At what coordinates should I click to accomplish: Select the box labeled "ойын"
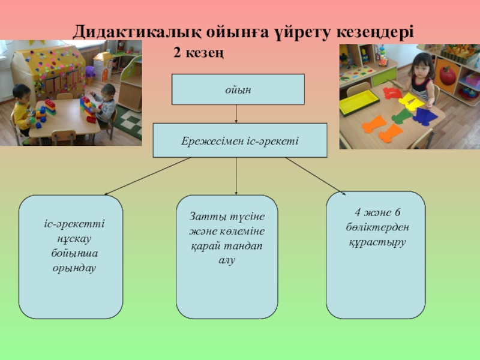238,89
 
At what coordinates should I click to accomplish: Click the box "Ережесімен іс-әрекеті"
240,140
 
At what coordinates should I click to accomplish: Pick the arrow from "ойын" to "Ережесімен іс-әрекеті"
238,114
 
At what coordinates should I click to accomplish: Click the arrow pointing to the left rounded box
150,176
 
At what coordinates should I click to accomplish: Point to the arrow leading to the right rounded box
315,175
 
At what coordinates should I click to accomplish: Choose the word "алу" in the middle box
227,260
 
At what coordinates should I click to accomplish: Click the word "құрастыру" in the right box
377,242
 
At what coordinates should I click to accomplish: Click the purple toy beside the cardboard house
90,74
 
